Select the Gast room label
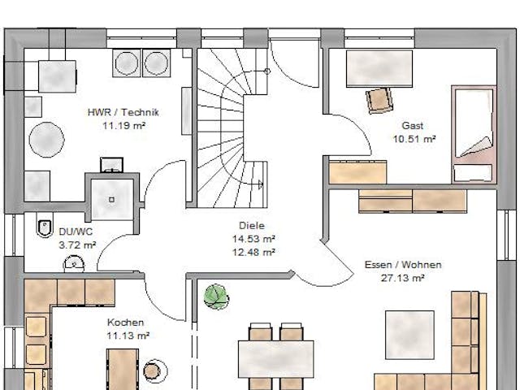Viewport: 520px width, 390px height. pyautogui.click(x=413, y=127)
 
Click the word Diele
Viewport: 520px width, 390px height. pyautogui.click(x=253, y=227)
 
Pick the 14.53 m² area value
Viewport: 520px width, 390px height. pyautogui.click(x=253, y=239)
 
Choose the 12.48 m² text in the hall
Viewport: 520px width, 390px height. pyautogui.click(x=253, y=251)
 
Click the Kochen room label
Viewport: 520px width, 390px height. pyautogui.click(x=126, y=323)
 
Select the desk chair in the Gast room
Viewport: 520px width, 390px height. pyautogui.click(x=378, y=99)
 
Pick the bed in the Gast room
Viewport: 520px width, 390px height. pyautogui.click(x=472, y=133)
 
